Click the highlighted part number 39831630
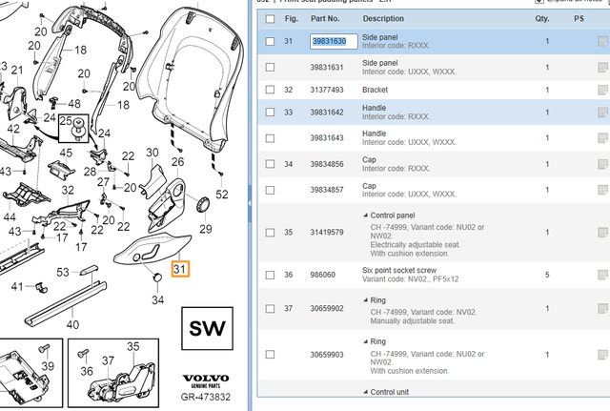[334, 42]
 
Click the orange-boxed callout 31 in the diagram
[180, 270]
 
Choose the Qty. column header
[542, 18]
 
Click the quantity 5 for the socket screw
[547, 275]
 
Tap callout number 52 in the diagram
[222, 195]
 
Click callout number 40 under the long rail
[72, 323]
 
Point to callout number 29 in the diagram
[204, 228]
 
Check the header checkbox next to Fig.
[270, 18]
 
